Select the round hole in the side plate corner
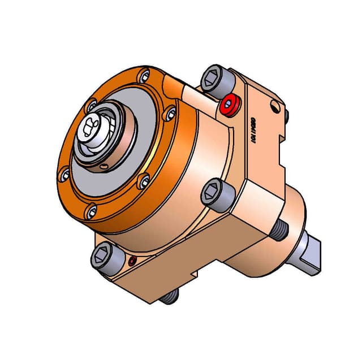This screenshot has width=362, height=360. pos(275,106)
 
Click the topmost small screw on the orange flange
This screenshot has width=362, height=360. pos(146,74)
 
